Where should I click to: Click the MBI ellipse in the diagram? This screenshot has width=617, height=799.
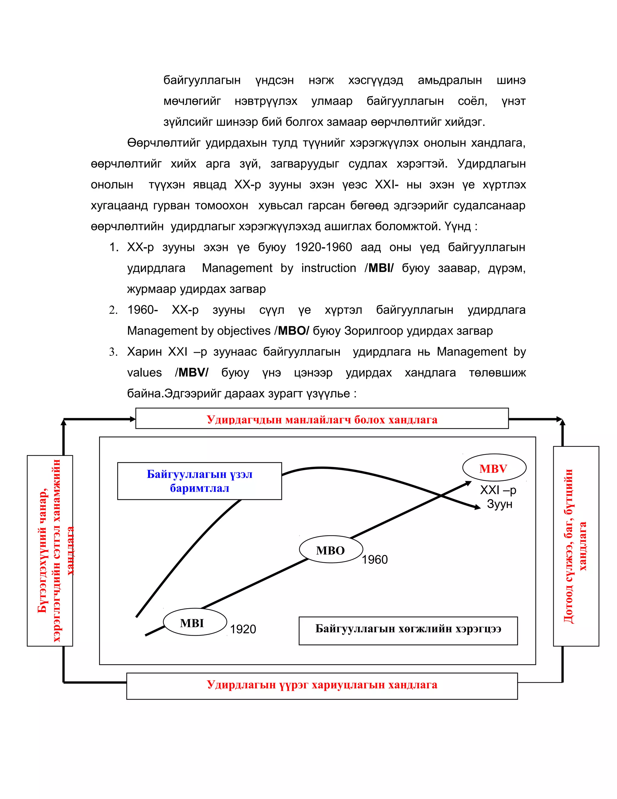click(195, 622)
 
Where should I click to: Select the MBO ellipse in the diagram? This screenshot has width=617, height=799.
click(331, 550)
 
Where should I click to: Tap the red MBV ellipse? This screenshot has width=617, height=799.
click(494, 468)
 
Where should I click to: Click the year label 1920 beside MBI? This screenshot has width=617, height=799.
click(243, 629)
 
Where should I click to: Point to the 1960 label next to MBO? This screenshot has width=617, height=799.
click(375, 559)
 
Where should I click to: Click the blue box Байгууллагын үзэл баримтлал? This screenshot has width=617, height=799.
click(199, 481)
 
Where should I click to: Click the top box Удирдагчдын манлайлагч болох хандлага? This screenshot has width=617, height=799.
click(322, 419)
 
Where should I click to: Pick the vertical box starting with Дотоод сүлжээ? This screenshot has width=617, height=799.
click(576, 546)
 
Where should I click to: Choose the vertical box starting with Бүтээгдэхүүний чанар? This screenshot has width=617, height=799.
click(50, 551)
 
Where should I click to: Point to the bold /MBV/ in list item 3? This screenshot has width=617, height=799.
click(192, 372)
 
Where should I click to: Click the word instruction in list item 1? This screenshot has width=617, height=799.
click(328, 268)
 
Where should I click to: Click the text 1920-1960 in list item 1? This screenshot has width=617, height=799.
click(323, 247)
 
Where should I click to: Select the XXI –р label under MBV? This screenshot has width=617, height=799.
click(497, 490)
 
